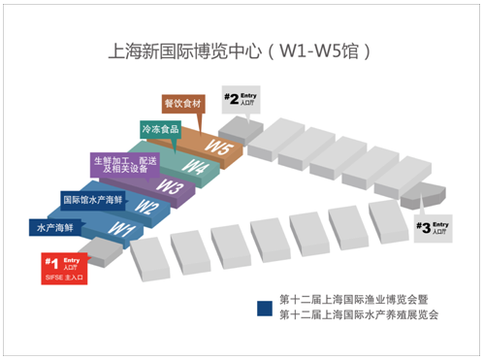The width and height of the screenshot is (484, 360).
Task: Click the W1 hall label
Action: coord(119,230)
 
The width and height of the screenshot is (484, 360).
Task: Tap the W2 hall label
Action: coord(145,206)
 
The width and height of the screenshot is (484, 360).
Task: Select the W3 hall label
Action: coord(170,185)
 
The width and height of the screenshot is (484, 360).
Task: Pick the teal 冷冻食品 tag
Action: coord(160,128)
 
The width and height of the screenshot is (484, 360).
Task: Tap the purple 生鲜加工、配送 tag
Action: coord(125,161)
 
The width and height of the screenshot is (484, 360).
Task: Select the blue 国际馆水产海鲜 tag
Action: coord(93,201)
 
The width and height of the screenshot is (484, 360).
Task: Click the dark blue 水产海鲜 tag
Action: coord(56,228)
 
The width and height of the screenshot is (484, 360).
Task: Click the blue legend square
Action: coord(262,308)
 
